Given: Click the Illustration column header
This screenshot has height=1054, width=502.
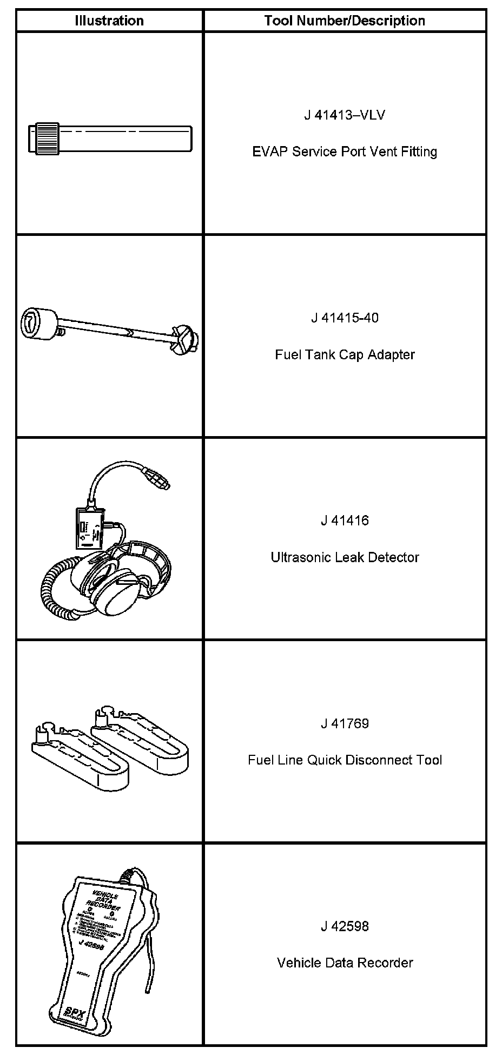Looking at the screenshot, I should (109, 21).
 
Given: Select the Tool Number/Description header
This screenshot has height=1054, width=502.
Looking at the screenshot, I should (345, 21).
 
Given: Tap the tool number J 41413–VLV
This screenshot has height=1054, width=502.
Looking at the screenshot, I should (345, 115).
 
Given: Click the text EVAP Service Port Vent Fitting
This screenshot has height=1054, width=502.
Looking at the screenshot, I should (345, 151).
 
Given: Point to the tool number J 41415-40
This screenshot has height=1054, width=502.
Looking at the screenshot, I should (345, 318).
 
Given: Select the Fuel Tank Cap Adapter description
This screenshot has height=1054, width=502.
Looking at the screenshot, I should (345, 354).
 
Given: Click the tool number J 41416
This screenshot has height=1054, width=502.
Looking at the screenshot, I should (345, 521).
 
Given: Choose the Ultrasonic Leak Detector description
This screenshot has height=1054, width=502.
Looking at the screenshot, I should (345, 557).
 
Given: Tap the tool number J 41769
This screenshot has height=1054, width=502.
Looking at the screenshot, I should (345, 723).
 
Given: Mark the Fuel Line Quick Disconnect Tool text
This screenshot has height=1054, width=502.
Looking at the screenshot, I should (345, 760).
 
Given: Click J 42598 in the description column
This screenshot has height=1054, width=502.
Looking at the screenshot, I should (345, 926).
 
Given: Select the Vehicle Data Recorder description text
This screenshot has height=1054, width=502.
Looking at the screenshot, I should (345, 963).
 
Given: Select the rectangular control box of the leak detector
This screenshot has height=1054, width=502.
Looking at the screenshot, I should (89, 528).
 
